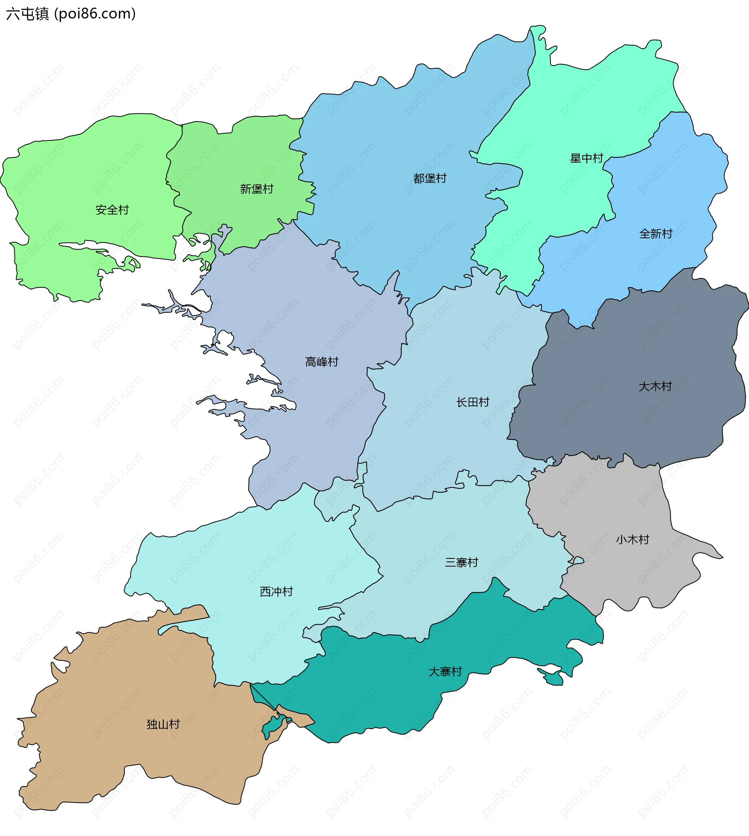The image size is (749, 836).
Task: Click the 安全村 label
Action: (112, 210)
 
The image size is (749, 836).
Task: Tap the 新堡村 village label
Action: (257, 189)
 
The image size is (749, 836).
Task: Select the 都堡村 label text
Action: (430, 179)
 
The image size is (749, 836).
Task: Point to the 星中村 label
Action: (586, 158)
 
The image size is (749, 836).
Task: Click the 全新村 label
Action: (656, 234)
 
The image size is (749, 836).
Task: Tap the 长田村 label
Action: (472, 402)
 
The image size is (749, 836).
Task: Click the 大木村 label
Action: (655, 386)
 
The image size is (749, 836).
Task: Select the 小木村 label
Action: (632, 540)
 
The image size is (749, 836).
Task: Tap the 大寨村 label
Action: (445, 672)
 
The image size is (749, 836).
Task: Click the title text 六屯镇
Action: (27, 14)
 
